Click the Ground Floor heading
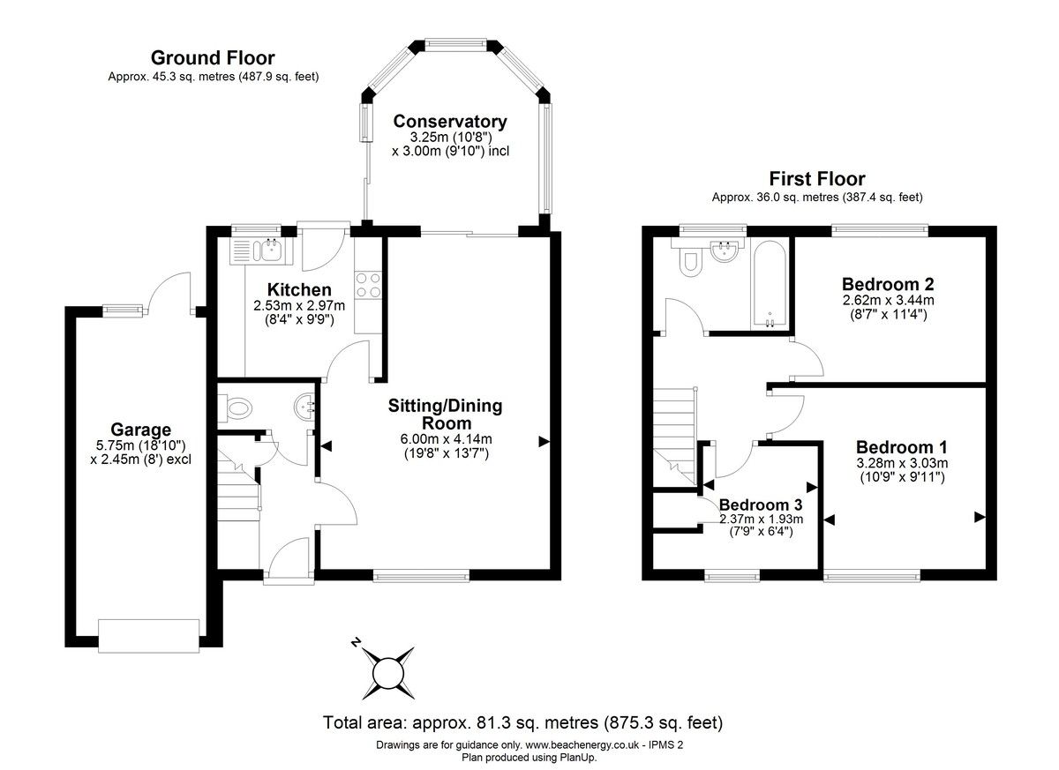(213, 58)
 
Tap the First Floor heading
(817, 179)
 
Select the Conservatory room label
(450, 122)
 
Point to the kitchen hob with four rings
(368, 285)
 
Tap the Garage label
(141, 430)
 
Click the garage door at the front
(149, 636)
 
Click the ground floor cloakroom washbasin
(304, 406)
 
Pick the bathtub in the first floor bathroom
(770, 283)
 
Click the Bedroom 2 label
(888, 284)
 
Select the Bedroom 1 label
(902, 447)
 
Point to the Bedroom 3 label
(761, 505)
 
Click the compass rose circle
(388, 673)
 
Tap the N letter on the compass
(356, 642)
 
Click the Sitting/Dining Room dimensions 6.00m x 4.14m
(447, 439)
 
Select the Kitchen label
(299, 289)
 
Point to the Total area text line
(522, 722)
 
